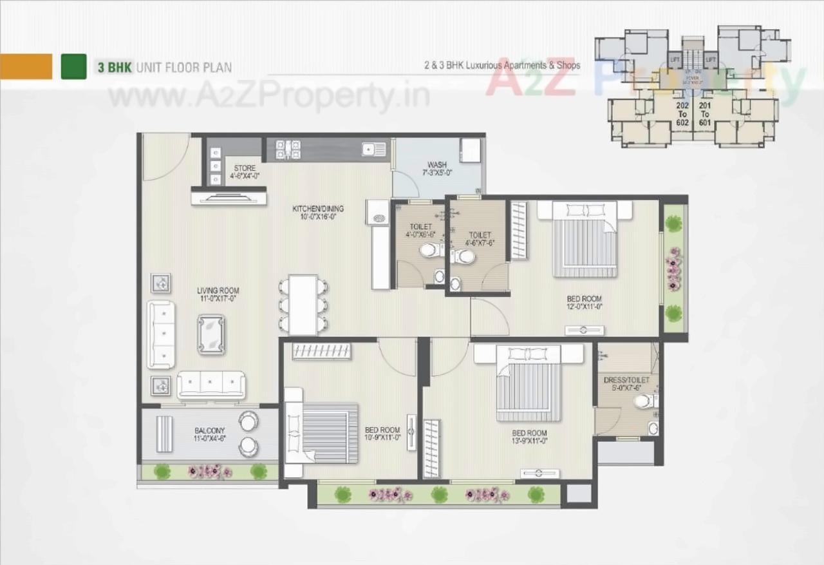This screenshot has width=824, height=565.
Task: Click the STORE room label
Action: click(245, 172)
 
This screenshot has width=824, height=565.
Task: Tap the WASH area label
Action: click(436, 169)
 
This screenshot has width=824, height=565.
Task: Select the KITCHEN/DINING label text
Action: click(318, 213)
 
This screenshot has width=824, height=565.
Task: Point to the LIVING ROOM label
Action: click(218, 295)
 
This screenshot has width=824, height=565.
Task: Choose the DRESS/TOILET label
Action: click(626, 385)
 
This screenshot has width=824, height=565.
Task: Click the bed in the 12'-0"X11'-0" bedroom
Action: click(585, 240)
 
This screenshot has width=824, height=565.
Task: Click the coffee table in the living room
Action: click(211, 334)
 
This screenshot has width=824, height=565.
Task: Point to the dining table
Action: click(303, 305)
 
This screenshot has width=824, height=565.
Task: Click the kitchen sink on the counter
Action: click(374, 149)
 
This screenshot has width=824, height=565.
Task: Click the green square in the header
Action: click(73, 66)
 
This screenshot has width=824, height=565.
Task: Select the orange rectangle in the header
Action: click(26, 66)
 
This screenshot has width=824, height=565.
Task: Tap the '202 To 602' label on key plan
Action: click(682, 113)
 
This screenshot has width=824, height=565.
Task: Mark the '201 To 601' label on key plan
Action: click(705, 113)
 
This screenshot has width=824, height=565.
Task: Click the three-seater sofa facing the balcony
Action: click(211, 385)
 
